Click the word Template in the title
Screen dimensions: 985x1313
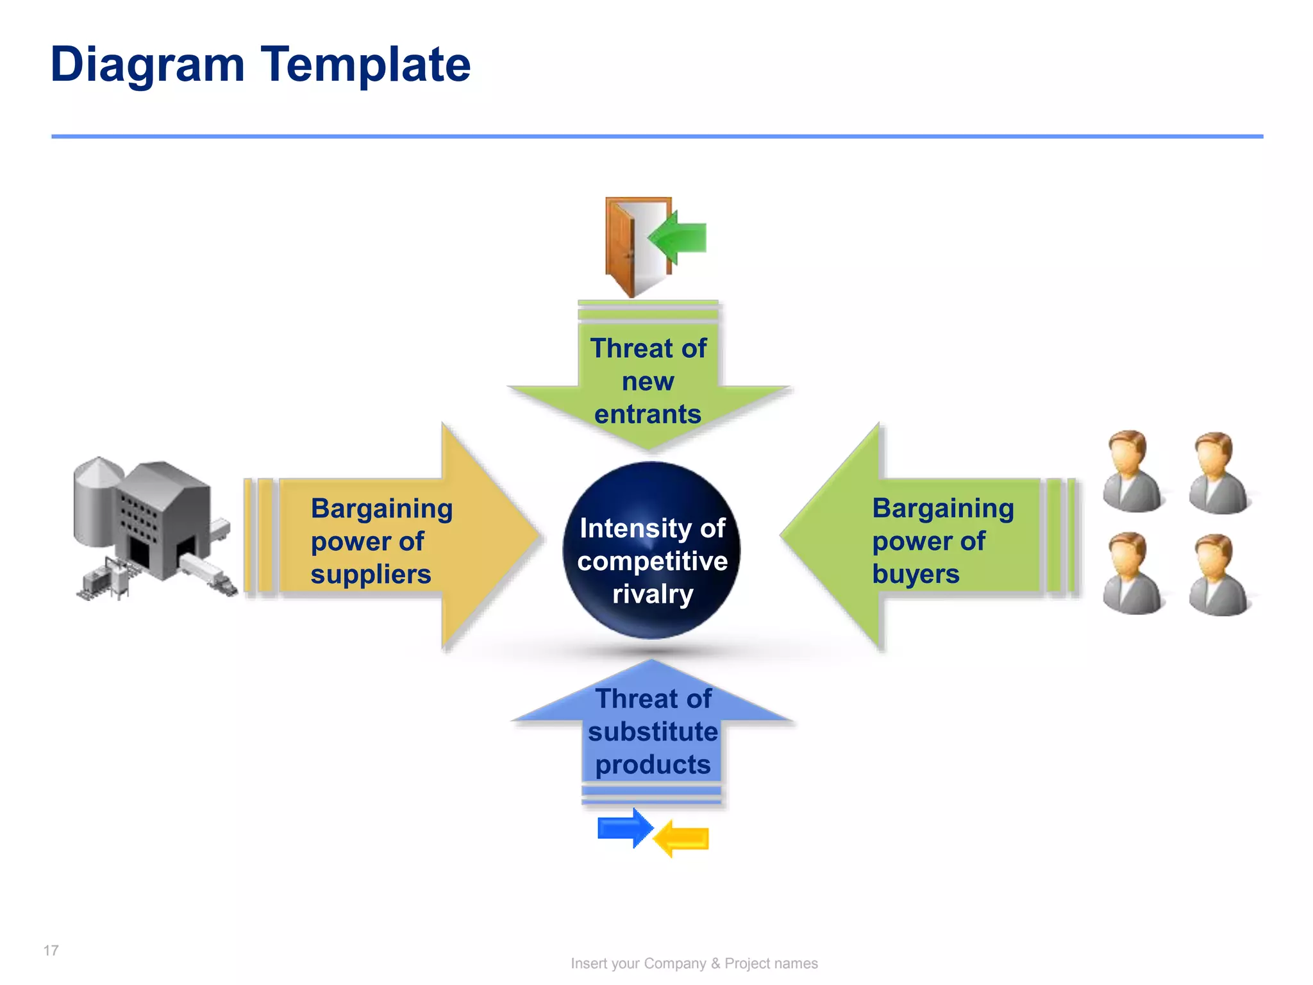(x=365, y=65)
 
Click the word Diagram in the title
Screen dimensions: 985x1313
(x=148, y=65)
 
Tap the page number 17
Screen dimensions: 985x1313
(x=51, y=950)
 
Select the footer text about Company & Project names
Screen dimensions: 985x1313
(x=694, y=963)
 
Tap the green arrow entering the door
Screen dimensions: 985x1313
(x=680, y=238)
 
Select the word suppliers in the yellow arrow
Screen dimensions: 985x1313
(x=371, y=574)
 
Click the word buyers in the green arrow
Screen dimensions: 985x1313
(x=916, y=574)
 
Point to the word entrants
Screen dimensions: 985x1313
(x=648, y=414)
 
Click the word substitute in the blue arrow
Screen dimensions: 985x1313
(x=653, y=732)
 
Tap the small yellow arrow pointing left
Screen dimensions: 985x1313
(x=682, y=839)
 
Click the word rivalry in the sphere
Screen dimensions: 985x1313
(x=653, y=594)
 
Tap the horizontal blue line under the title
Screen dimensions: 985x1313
(x=656, y=136)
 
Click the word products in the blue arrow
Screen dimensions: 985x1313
(x=653, y=764)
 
